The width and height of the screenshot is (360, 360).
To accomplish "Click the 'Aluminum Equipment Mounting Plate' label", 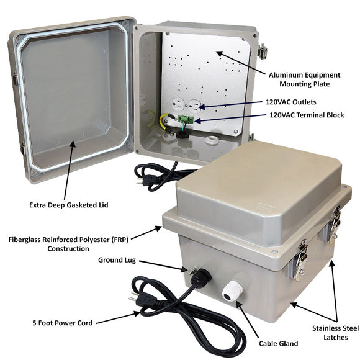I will (304, 78).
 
